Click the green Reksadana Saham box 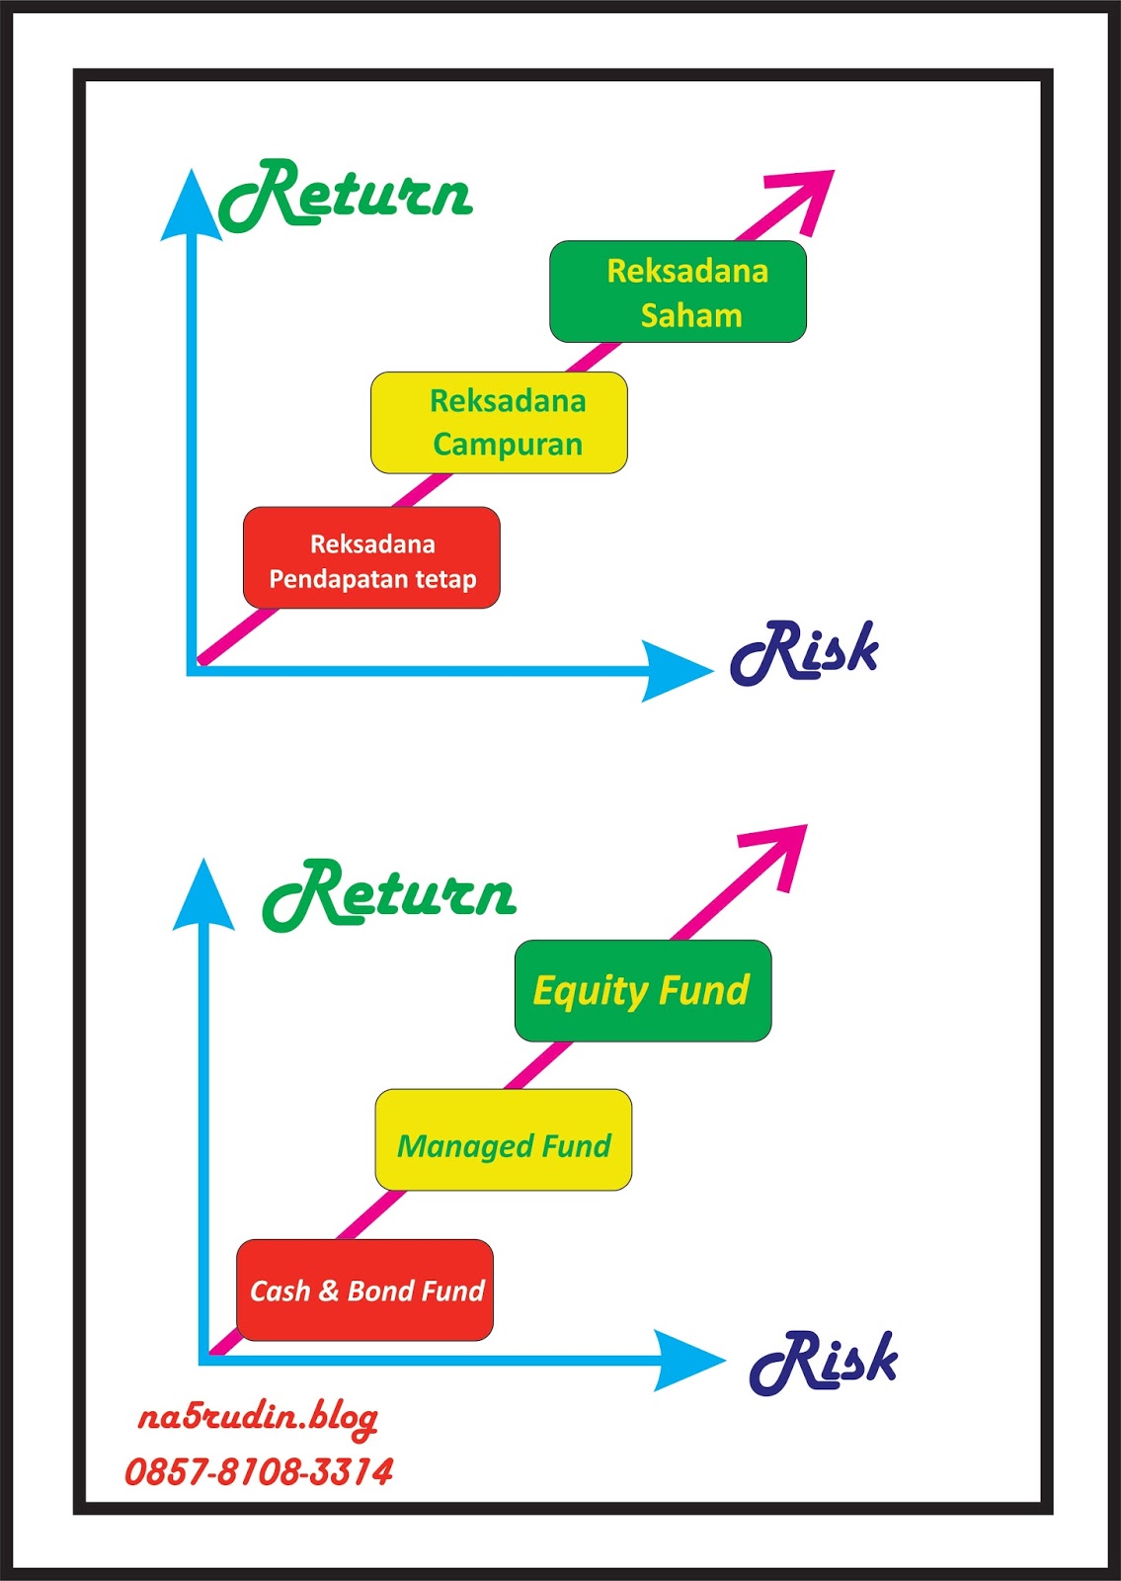[678, 291]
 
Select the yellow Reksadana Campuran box [499, 423]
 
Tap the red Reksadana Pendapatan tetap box [371, 557]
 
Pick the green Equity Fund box [643, 990]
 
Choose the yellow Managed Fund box [503, 1139]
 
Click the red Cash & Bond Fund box [364, 1290]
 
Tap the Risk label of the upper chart [804, 652]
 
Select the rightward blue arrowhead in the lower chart [687, 1361]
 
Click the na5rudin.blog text [258, 1418]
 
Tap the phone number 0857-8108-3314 [259, 1471]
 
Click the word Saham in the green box [691, 315]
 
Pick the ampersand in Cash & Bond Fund [329, 1290]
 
